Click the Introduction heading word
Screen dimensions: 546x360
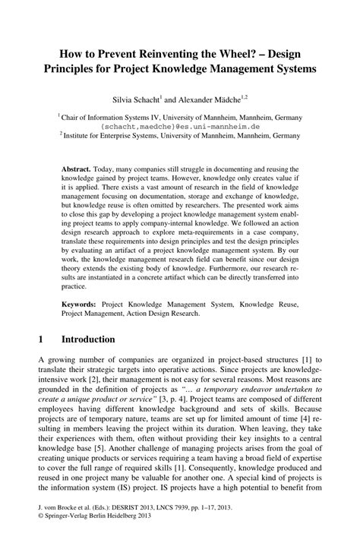(88, 339)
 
